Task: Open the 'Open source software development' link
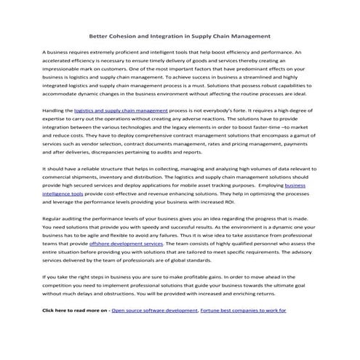pyautogui.click(x=155, y=310)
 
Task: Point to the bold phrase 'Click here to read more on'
pyautogui.click(x=75, y=310)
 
